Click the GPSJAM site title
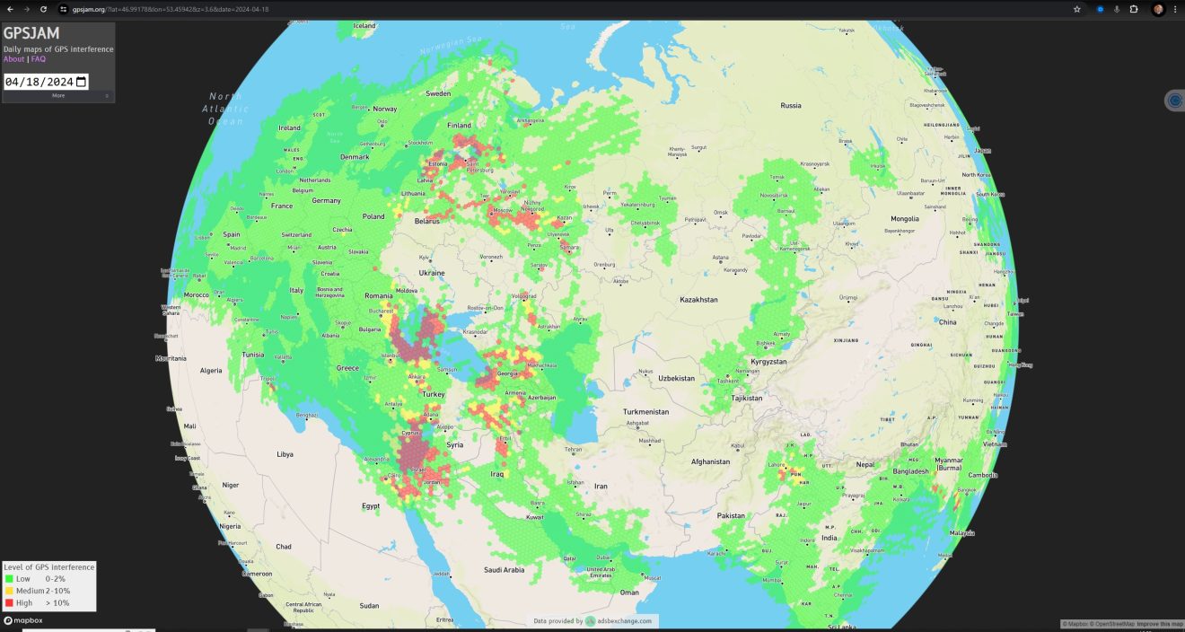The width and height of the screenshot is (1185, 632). pos(31,33)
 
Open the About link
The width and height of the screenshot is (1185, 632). pos(13,59)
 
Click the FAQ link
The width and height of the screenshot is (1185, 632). pos(39,59)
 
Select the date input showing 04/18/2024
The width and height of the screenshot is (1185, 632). pos(45,82)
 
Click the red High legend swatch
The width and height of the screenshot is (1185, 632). pos(9,603)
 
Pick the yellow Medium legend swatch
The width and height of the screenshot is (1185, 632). pos(9,591)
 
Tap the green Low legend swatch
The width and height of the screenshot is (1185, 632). pos(9,579)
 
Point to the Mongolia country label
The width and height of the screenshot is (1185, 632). pos(904,219)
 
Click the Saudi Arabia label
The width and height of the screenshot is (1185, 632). pos(504,569)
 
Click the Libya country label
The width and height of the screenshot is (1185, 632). pos(285,454)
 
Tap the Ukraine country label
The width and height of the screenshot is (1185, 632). pos(432,273)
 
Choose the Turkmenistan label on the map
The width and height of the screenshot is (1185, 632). pos(645,411)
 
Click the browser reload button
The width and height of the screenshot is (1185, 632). pos(42,9)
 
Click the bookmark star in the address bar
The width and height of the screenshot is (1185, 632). pos(1076,9)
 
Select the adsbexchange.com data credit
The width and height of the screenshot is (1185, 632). pos(619,620)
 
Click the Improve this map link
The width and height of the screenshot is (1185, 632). pos(1159,624)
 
